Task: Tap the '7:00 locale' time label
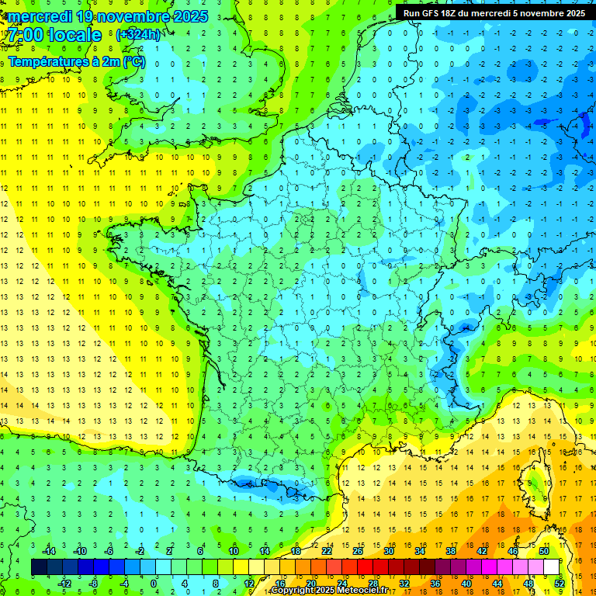click(x=55, y=35)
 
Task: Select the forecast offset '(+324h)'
click(x=139, y=35)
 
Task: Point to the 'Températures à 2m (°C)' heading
click(x=76, y=62)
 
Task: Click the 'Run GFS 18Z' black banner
click(x=494, y=13)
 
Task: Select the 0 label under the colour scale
click(x=154, y=583)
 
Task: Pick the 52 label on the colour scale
click(x=560, y=583)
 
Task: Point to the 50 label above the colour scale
click(x=543, y=551)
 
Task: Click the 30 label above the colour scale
click(x=388, y=551)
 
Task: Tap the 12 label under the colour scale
click(x=248, y=583)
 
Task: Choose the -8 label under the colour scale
click(x=94, y=583)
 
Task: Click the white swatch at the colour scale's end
click(x=552, y=567)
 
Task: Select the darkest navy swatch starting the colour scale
click(x=39, y=567)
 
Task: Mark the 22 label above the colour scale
click(x=327, y=551)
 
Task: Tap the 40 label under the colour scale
click(x=466, y=583)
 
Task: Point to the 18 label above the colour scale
click(x=296, y=551)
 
